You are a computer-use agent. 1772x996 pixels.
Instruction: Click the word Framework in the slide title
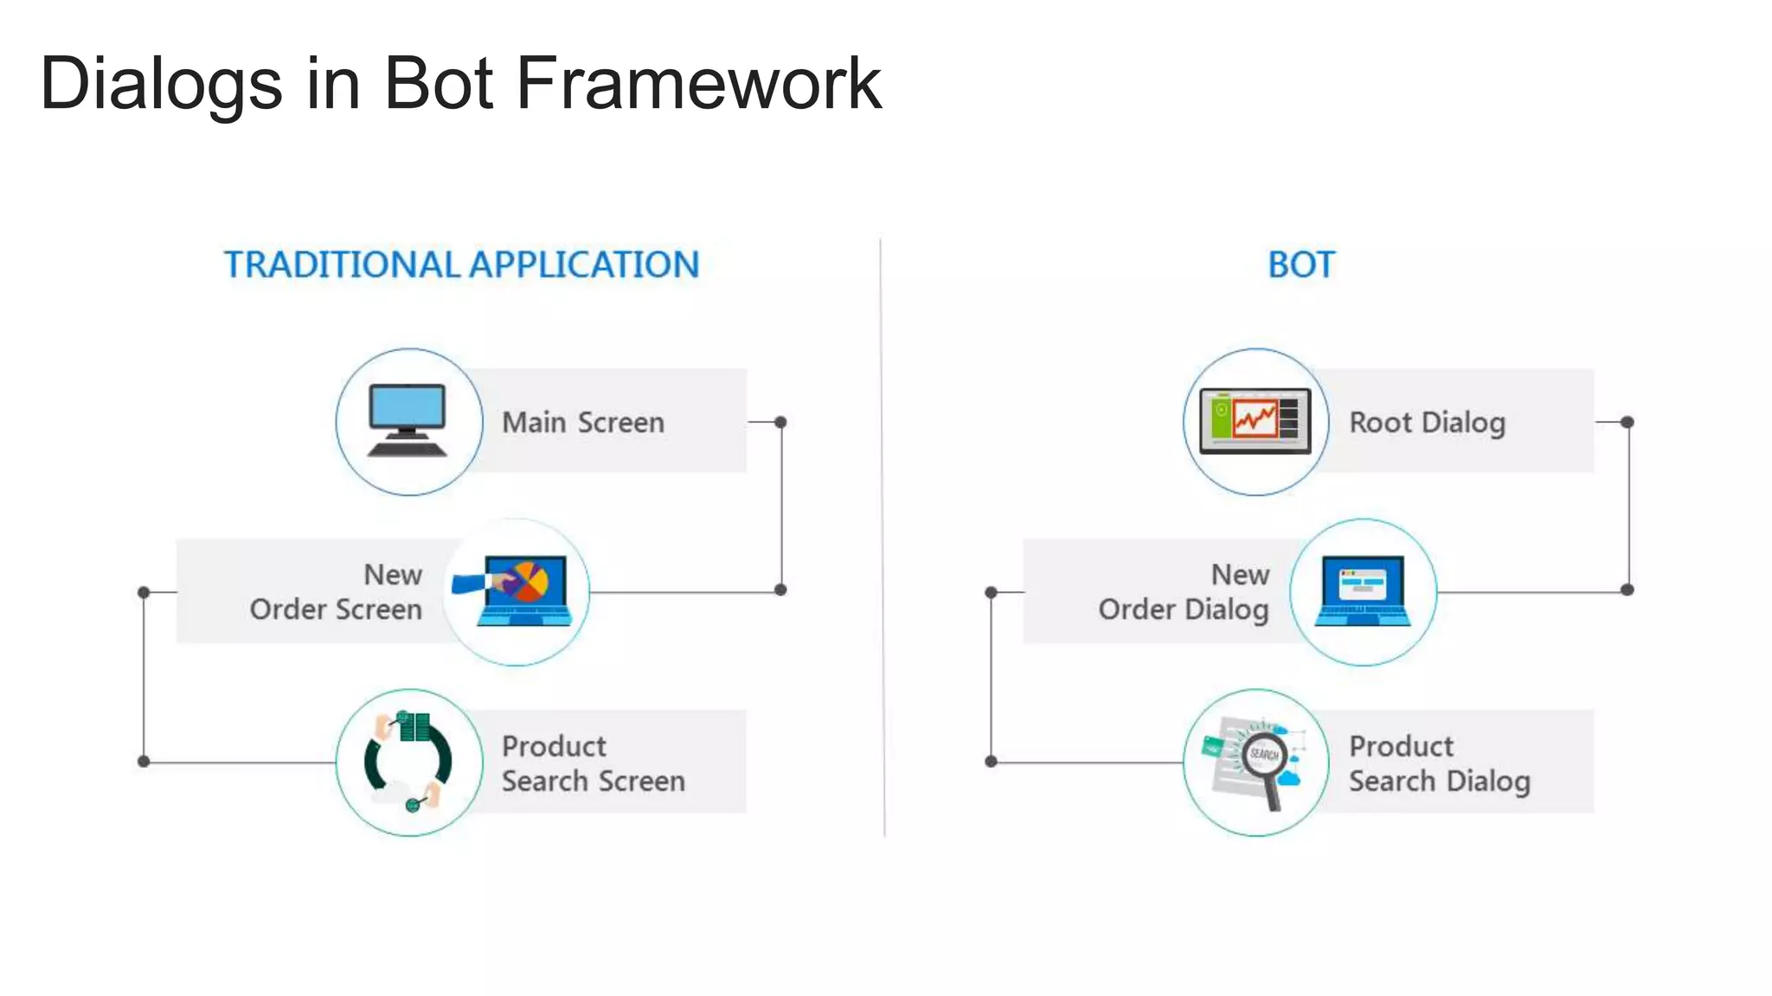(699, 84)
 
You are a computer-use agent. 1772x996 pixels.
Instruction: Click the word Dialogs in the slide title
(161, 84)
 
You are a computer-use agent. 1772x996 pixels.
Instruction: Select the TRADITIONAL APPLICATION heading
(461, 265)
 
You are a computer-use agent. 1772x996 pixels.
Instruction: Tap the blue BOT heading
(1301, 265)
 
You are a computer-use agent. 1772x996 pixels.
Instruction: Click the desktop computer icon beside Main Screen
(408, 421)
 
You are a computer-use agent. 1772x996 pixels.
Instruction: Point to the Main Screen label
(583, 423)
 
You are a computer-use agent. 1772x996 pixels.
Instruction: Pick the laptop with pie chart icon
(517, 591)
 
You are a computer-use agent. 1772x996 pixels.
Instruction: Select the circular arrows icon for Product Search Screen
(408, 762)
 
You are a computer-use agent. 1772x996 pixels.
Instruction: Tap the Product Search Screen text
(593, 763)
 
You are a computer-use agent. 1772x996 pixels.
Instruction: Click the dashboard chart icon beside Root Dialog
(1255, 421)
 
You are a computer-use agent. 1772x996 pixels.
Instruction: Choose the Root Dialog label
(1427, 423)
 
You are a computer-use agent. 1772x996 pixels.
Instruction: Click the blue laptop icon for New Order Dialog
(1363, 591)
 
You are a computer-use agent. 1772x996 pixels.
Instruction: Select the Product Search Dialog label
(1439, 763)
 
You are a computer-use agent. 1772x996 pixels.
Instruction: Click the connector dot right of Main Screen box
(780, 422)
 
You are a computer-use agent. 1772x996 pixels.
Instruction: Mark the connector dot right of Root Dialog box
(1628, 422)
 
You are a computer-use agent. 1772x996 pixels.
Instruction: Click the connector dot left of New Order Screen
(144, 592)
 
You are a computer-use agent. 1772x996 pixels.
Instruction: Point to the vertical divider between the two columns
(883, 536)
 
